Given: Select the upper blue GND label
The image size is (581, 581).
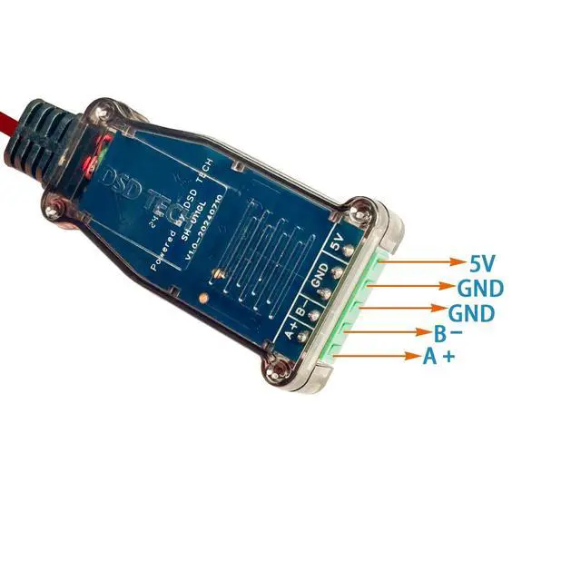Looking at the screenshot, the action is pyautogui.click(x=480, y=290).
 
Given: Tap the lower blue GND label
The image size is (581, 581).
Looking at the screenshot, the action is pyautogui.click(x=473, y=314).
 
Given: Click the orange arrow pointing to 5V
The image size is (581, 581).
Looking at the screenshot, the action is pyautogui.click(x=426, y=262).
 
